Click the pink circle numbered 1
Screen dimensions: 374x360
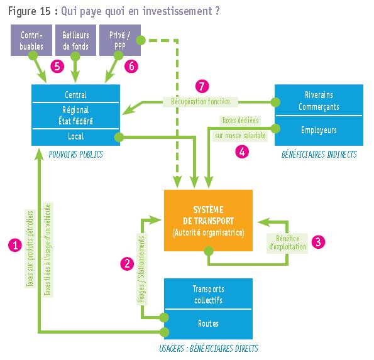(15, 245)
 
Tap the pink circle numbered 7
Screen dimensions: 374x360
(202, 86)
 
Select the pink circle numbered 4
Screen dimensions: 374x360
(242, 151)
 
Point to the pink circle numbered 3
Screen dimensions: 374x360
(318, 242)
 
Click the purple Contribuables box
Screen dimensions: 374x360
(31, 40)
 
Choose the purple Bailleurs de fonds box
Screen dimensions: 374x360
(75, 40)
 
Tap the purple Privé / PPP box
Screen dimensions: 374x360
(119, 40)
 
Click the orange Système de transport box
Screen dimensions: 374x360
(208, 221)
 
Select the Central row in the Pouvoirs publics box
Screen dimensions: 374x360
(75, 94)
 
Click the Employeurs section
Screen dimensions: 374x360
(319, 131)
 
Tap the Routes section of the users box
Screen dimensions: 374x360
(208, 324)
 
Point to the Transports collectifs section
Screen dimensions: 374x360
(208, 294)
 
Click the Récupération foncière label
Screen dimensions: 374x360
(201, 102)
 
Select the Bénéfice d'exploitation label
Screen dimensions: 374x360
(287, 243)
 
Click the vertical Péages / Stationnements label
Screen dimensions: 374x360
(141, 270)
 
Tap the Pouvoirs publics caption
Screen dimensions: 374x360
(75, 155)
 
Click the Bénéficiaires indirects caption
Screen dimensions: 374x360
(319, 155)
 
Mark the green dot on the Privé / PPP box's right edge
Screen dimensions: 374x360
(141, 40)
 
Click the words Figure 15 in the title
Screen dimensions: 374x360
(30, 11)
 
